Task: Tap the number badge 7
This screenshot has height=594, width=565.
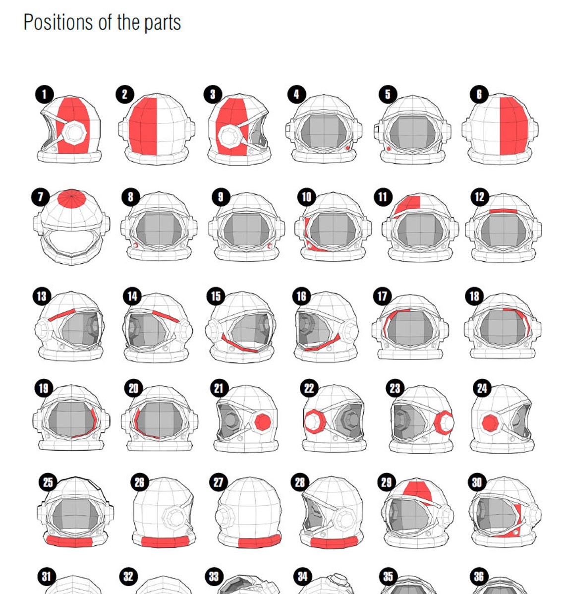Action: tap(41, 197)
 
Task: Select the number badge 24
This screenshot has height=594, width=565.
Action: tap(482, 388)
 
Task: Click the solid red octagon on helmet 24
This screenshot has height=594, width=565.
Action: tap(490, 423)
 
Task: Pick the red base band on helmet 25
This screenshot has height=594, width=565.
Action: tap(69, 540)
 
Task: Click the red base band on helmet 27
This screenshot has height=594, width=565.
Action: tap(259, 541)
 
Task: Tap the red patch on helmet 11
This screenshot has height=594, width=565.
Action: tap(409, 203)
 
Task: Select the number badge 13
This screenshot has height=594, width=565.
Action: tap(42, 297)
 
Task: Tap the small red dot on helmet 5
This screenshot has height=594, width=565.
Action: tap(389, 148)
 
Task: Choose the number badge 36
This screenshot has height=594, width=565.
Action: tap(478, 577)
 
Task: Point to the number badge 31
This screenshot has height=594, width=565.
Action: tap(46, 577)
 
